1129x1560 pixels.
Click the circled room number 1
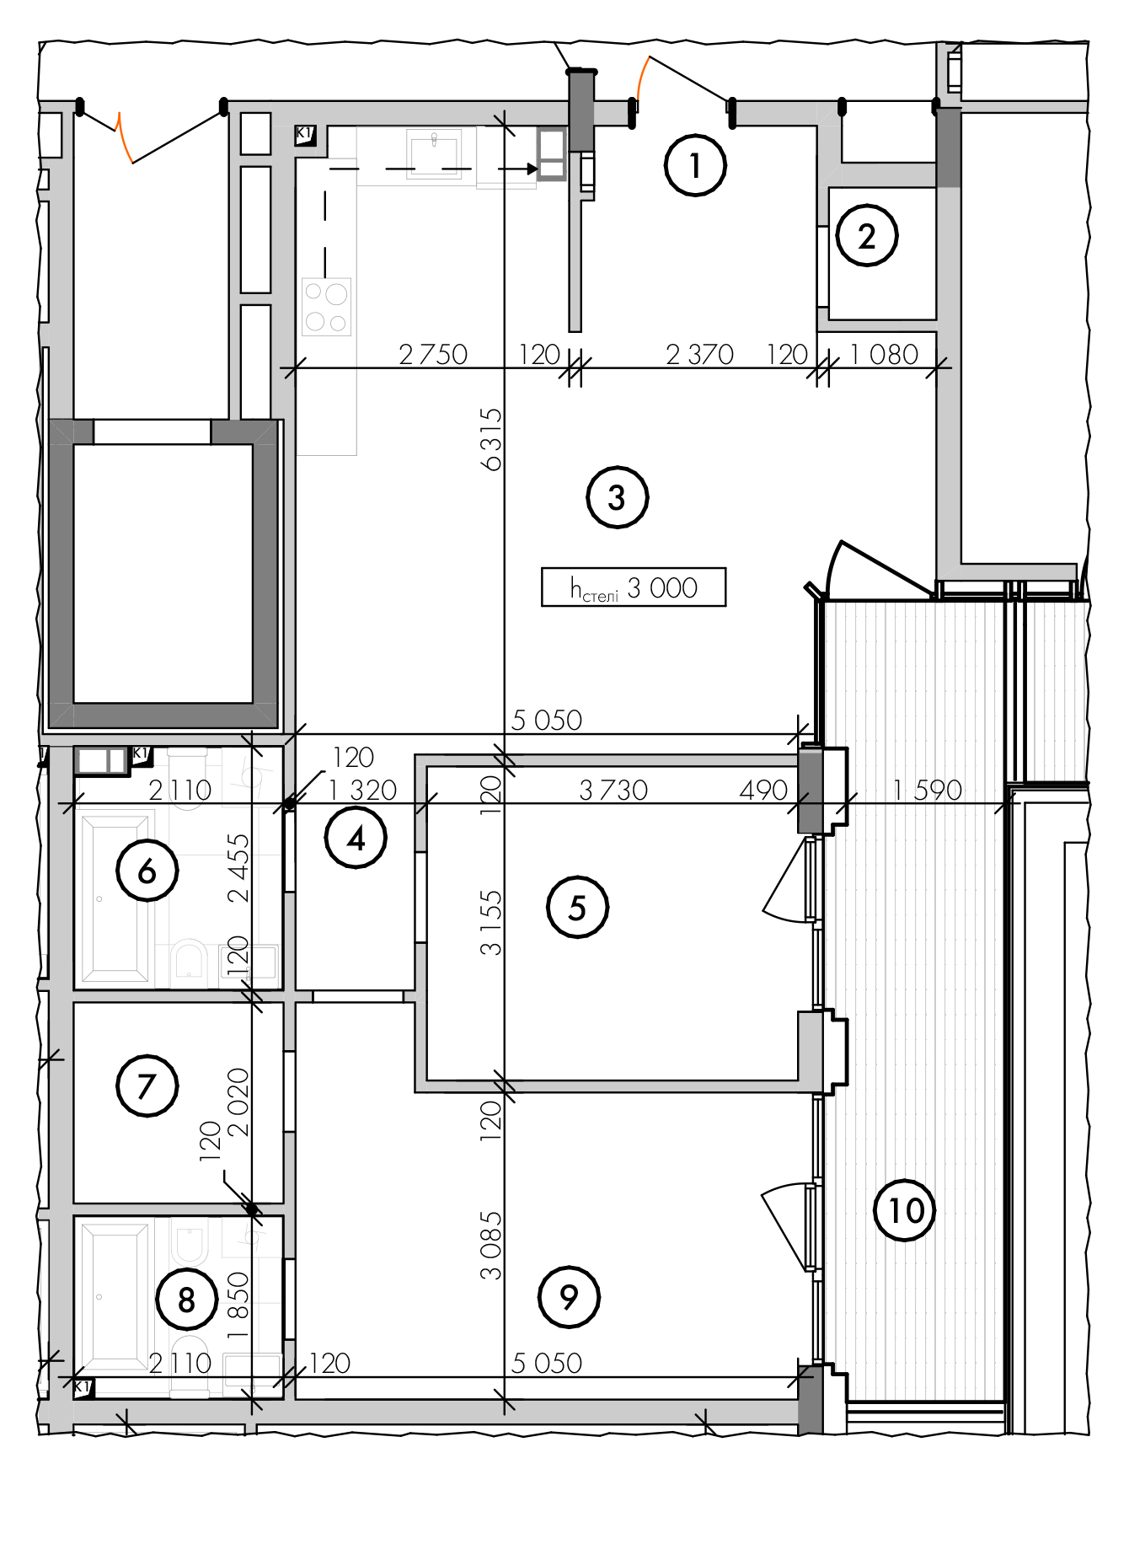[x=695, y=165]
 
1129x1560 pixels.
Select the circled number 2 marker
[x=867, y=236]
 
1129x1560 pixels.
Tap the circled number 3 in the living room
[x=617, y=497]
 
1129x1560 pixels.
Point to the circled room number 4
[x=356, y=838]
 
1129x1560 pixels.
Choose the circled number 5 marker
[x=577, y=908]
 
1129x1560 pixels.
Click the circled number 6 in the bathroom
[x=147, y=871]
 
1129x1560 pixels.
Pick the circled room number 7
[x=147, y=1086]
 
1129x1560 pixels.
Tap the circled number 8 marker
[x=187, y=1300]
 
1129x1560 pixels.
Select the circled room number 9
[x=569, y=1297]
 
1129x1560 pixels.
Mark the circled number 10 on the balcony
[x=905, y=1210]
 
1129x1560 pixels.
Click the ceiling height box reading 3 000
[x=634, y=587]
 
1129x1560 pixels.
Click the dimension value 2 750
[x=433, y=354]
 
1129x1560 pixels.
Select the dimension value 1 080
[x=884, y=354]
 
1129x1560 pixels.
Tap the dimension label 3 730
[x=613, y=790]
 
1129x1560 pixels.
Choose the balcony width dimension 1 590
[x=928, y=790]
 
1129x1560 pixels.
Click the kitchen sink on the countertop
[x=434, y=154]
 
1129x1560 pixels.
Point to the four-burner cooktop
[x=327, y=307]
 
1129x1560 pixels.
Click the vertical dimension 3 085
[x=490, y=1246]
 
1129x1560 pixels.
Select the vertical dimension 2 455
[x=238, y=868]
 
